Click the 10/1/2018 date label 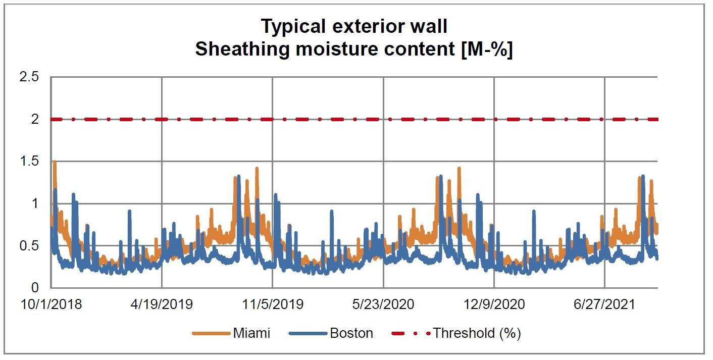[x=51, y=304]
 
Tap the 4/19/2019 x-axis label [x=162, y=304]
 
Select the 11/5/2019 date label [x=273, y=304]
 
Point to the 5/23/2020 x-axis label [x=383, y=304]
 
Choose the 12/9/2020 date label [x=494, y=304]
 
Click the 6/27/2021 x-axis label [x=604, y=304]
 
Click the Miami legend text [x=251, y=333]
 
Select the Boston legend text [x=351, y=333]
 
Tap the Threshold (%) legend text [x=477, y=333]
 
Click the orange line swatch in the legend [x=211, y=334]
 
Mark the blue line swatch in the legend [x=308, y=334]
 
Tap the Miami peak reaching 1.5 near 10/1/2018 [x=55, y=163]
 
